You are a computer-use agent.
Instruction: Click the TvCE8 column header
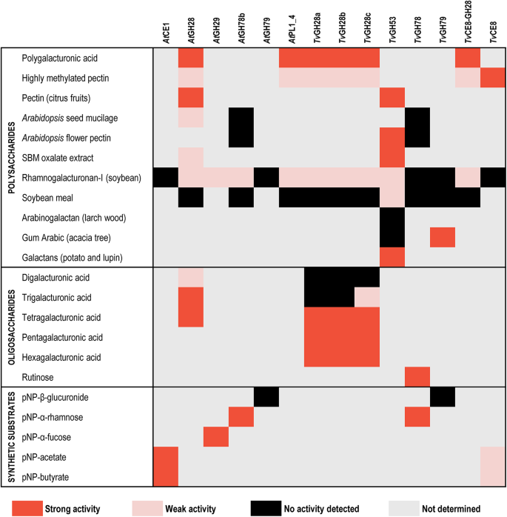[493, 29]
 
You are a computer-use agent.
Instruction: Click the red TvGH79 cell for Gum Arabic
[443, 236]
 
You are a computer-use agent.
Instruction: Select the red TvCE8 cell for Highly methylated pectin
[493, 77]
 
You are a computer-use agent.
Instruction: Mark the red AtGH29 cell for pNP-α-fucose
[216, 437]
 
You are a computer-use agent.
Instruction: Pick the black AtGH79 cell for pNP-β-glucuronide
[266, 397]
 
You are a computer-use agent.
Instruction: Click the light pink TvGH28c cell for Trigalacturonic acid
[367, 296]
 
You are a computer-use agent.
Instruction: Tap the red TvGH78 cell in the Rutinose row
[417, 376]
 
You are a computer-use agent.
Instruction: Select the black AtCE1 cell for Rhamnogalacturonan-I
[166, 177]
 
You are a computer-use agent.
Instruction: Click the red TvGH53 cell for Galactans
[392, 256]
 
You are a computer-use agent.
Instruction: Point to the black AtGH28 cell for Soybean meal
[191, 197]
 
